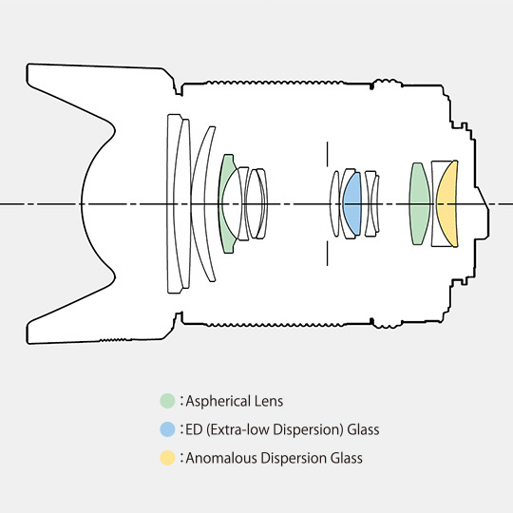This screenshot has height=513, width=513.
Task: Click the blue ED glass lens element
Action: point(352,203)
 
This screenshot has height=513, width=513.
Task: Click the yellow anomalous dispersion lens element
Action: point(447,203)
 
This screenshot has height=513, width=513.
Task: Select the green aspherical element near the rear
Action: point(420,203)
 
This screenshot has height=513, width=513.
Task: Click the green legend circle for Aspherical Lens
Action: point(167,401)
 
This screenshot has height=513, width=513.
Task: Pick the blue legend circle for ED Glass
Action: point(167,429)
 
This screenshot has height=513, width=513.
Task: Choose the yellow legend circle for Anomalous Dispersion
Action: point(167,458)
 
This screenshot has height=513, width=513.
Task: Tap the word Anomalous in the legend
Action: point(220,458)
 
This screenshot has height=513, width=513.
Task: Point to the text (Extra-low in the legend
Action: point(238,429)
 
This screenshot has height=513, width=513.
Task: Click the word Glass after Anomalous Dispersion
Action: point(346,458)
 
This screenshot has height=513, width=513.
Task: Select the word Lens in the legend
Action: point(269,401)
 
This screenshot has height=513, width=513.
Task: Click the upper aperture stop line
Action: point(327,154)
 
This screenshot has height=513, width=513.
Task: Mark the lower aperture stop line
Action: point(327,254)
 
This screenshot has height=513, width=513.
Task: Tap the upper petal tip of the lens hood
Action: point(28,72)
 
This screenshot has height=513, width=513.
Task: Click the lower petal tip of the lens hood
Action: point(28,334)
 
